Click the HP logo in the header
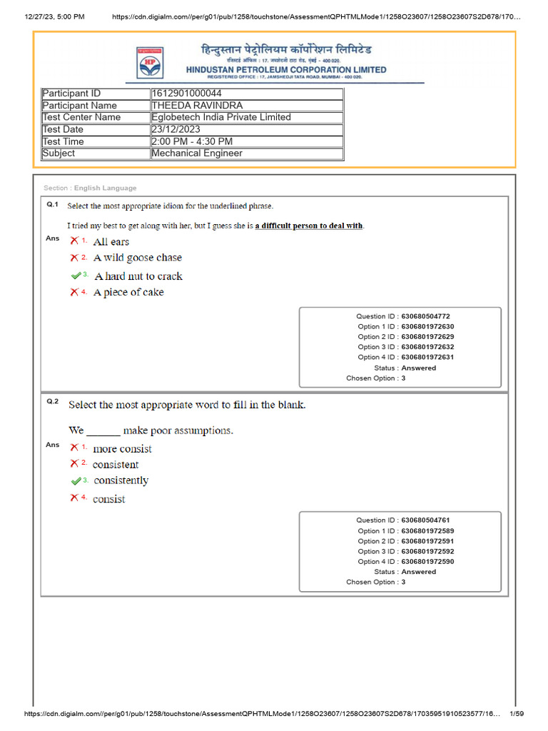point(150,62)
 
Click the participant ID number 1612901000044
point(186,94)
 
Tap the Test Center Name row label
point(81,117)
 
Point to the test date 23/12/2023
point(178,129)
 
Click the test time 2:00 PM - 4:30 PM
point(192,141)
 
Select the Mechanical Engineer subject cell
point(197,153)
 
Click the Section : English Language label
point(90,188)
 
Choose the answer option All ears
point(111,242)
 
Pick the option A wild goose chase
point(138,258)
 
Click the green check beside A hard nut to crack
point(77,276)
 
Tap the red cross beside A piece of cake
point(74,292)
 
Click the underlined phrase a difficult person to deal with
point(309,226)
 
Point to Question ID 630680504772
point(425,316)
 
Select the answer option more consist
point(122,449)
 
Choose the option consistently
point(121,480)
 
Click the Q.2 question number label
point(52,402)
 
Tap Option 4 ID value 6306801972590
point(427,562)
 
